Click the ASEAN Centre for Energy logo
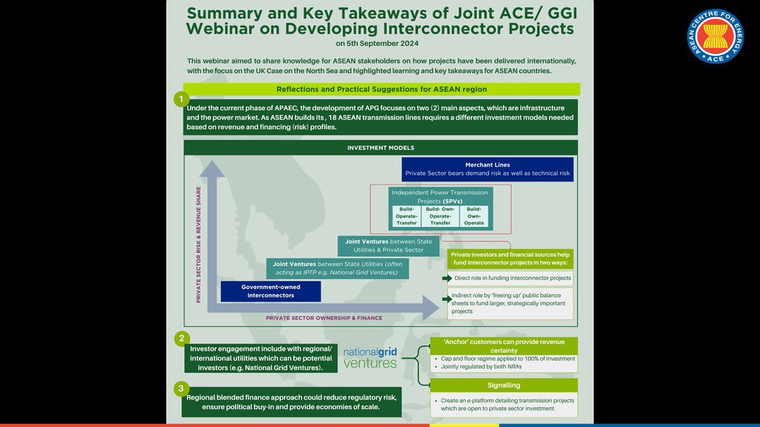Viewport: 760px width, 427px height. coord(715,36)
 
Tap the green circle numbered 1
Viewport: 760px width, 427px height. coord(182,100)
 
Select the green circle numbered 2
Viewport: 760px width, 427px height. coord(181,338)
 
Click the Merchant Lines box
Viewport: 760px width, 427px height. coord(488,169)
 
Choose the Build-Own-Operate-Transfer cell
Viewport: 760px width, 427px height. coord(441,216)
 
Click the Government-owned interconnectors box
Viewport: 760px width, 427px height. coord(270,291)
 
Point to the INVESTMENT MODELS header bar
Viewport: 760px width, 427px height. coord(381,147)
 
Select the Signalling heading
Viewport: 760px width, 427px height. coord(503,385)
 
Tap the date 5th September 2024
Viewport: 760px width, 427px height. coord(377,44)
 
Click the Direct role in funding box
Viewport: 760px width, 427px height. coord(510,277)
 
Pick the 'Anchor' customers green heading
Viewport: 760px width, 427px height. coord(503,346)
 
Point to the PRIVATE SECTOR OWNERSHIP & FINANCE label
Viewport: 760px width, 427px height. coord(324,318)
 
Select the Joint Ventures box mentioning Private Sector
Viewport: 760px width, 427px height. coord(388,245)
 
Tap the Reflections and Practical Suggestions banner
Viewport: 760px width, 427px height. coord(381,89)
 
